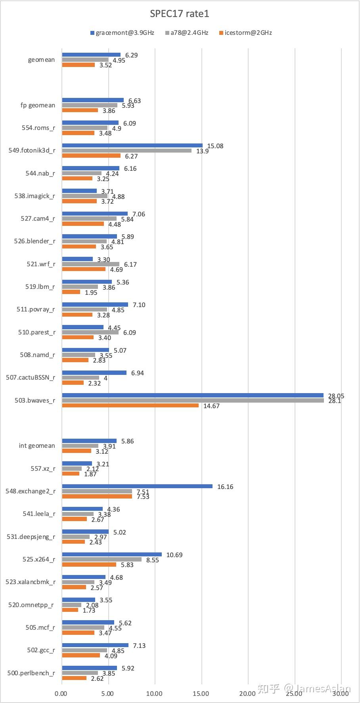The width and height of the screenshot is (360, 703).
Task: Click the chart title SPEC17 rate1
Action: tap(180, 14)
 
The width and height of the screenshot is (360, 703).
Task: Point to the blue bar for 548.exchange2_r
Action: tap(137, 486)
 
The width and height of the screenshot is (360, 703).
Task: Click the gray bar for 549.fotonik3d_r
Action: tap(127, 151)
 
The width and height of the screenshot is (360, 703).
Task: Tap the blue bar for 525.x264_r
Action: tap(112, 554)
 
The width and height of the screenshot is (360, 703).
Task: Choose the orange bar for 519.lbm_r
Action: tap(71, 292)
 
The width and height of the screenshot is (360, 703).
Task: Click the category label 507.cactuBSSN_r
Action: tap(31, 377)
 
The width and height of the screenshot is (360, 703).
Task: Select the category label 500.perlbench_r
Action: tap(31, 673)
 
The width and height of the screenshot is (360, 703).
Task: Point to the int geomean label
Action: tap(37, 445)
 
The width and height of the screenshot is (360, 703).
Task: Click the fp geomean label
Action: tap(38, 105)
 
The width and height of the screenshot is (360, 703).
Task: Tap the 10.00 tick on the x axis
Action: tap(155, 693)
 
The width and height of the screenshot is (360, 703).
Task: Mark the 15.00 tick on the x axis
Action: tap(201, 693)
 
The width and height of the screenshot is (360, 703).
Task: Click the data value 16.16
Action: tap(225, 487)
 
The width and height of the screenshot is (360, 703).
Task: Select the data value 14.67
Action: tap(211, 406)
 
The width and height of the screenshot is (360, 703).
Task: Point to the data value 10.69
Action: tap(174, 555)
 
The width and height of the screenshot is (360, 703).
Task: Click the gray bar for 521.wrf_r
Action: tap(90, 264)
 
